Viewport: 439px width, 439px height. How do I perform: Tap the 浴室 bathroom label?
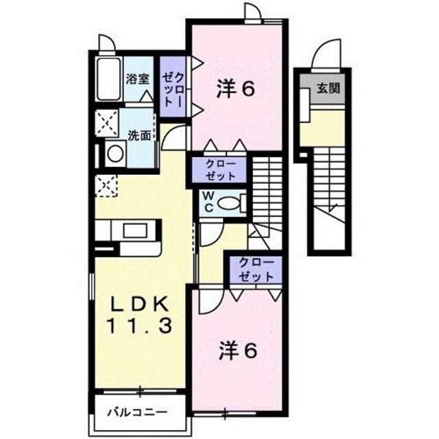(x=138, y=78)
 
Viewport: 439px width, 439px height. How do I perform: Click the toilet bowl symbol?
(x=233, y=203)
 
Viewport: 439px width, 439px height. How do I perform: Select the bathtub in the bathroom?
(x=108, y=80)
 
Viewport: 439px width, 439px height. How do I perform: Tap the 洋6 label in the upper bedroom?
(x=237, y=89)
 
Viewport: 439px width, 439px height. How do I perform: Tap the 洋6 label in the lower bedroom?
(x=237, y=351)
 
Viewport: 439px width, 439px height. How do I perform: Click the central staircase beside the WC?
(x=267, y=185)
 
